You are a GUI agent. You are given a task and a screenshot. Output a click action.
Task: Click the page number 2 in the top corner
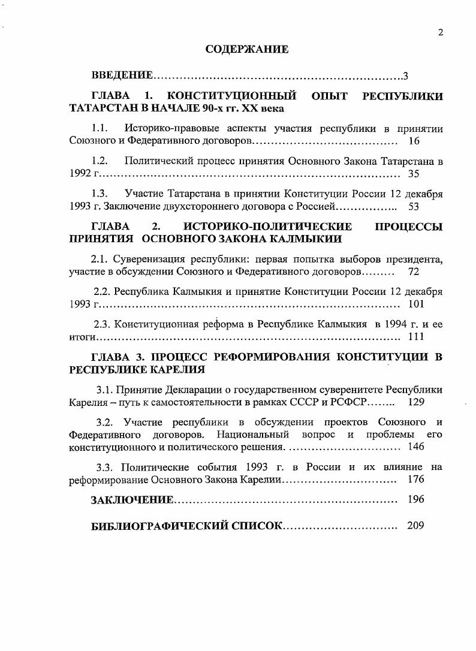(441, 33)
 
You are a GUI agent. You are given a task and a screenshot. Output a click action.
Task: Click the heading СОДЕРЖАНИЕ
(247, 50)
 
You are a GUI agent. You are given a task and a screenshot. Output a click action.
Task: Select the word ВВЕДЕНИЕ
(122, 76)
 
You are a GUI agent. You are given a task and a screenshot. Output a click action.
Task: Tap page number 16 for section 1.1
(413, 141)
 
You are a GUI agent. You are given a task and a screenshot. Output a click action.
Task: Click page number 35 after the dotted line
(413, 174)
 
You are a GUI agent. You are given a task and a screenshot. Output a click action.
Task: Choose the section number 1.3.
(100, 194)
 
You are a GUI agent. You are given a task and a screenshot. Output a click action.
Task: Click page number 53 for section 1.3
(413, 207)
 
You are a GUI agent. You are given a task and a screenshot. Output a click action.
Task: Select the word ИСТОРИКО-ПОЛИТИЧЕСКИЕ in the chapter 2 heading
(267, 227)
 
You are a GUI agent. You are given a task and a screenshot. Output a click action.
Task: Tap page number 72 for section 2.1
(413, 272)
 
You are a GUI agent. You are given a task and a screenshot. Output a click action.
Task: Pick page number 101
(415, 305)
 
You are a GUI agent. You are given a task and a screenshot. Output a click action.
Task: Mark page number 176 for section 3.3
(415, 480)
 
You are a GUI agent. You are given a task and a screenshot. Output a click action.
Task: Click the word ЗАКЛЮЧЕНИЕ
(132, 500)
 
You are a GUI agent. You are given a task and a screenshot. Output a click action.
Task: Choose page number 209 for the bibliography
(415, 526)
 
